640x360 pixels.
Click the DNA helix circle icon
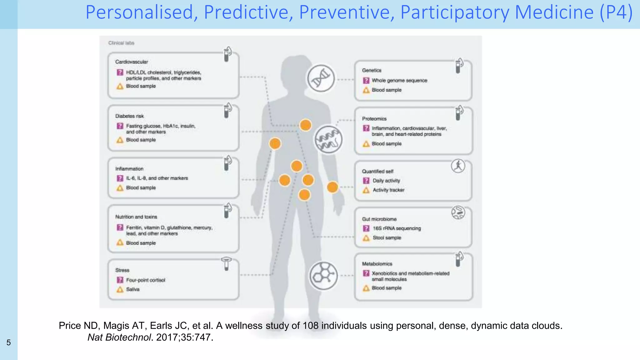[321, 78]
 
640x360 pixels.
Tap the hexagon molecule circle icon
[323, 276]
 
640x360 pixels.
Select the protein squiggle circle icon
[328, 139]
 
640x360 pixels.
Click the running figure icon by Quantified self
[458, 166]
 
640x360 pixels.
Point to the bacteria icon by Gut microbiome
[458, 213]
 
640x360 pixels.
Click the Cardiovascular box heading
[132, 62]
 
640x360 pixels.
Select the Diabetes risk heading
[129, 116]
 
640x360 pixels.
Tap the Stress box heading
[122, 270]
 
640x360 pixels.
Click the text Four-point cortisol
[145, 280]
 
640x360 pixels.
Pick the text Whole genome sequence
[399, 80]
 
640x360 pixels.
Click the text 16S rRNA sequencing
[397, 228]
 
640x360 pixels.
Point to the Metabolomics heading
[377, 264]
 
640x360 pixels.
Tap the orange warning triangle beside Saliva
[120, 289]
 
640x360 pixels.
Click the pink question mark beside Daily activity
[366, 181]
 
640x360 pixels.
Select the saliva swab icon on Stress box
[226, 263]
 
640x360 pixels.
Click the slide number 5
[8, 342]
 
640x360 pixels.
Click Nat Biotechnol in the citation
[119, 337]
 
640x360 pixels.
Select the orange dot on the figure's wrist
[332, 187]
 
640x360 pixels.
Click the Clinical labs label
[121, 43]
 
